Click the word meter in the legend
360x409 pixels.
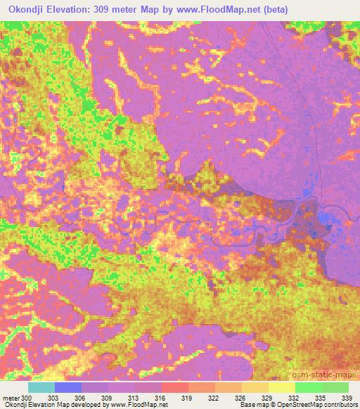pyautogui.click(x=11, y=398)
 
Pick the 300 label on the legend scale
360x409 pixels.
pyautogui.click(x=27, y=398)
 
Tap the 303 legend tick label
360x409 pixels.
pyautogui.click(x=54, y=398)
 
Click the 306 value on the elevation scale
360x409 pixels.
pyautogui.click(x=82, y=398)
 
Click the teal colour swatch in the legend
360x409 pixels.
pyautogui.click(x=41, y=387)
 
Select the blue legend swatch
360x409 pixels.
pyautogui.click(x=67, y=387)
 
